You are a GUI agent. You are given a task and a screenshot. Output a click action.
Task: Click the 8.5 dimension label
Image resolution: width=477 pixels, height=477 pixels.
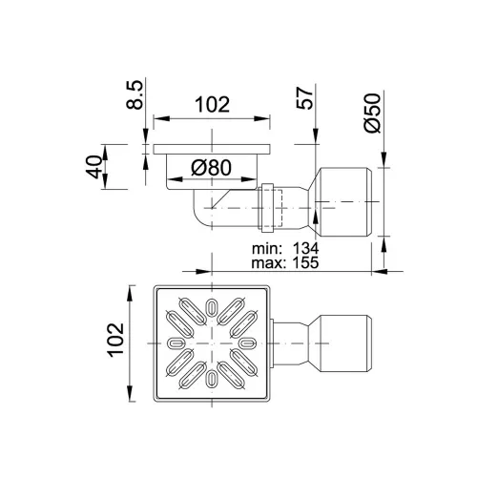coord(135,95)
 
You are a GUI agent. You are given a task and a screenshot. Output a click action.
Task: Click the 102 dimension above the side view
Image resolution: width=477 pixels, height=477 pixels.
coord(212,104)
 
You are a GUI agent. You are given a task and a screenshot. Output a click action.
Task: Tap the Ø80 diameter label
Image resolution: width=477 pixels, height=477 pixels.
coord(211,168)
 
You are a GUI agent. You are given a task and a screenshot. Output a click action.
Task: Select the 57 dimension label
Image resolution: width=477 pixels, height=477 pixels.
coord(305,98)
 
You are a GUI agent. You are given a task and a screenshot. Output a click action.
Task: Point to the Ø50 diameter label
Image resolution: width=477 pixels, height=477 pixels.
coord(372,113)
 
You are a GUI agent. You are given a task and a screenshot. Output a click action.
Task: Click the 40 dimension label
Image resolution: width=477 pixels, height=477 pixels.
coord(94,167)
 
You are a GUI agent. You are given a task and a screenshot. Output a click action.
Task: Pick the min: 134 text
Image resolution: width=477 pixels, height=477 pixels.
coord(285,248)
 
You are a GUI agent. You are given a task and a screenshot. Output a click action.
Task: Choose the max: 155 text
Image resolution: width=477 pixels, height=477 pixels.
coord(285,262)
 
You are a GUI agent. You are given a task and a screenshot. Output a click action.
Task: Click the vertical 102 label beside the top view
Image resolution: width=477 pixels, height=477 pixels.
coord(115,340)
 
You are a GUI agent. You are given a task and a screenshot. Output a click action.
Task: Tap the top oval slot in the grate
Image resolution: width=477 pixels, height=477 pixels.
coord(212,306)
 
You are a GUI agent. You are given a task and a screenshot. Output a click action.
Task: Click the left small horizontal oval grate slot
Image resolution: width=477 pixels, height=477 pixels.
coord(176,342)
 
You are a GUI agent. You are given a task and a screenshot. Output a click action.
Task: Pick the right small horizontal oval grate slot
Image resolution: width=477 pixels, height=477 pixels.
coord(248,342)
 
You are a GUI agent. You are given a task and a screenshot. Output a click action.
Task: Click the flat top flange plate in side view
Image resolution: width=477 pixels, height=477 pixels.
coord(212,149)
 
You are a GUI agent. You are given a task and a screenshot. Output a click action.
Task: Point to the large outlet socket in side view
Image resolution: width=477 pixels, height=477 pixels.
coord(345,201)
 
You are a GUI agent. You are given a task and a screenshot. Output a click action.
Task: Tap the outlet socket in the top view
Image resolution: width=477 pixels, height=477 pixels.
coord(345,343)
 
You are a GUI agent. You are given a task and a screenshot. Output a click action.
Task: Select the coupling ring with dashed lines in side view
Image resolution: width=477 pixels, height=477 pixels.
coord(268,208)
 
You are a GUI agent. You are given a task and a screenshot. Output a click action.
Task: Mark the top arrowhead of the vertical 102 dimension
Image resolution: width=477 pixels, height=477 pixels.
coord(130,293)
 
